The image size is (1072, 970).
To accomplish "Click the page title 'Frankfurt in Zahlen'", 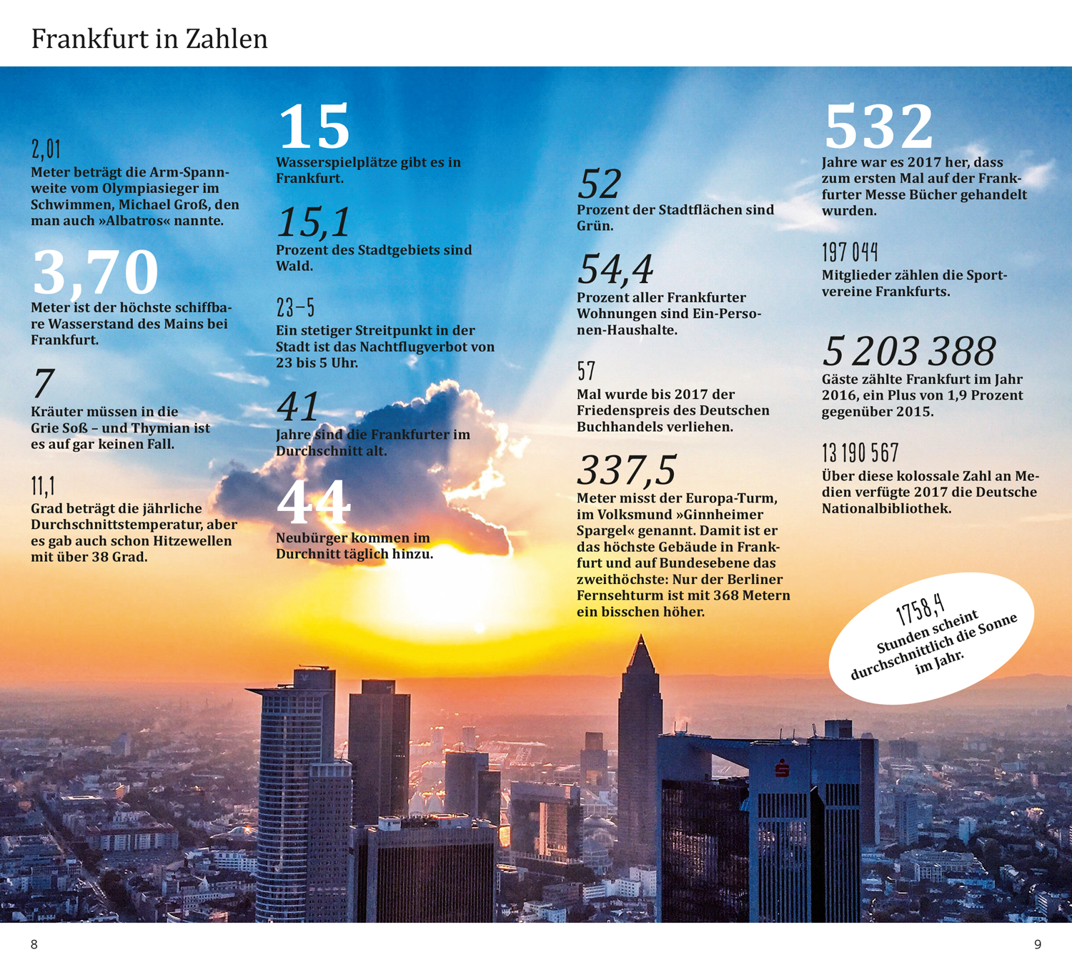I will pos(149,39).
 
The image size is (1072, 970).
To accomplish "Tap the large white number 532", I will pos(878,126).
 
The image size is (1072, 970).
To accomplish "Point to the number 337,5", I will pos(626,470).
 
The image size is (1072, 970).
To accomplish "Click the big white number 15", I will pos(314,127).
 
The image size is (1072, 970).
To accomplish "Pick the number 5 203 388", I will pos(908,351).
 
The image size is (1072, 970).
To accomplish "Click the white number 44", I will pos(314,503).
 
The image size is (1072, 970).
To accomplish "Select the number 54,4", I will pos(615,269).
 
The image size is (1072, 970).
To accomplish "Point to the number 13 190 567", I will pos(860,453).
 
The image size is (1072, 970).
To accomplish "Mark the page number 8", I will pos(34,944).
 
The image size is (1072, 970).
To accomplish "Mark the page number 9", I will pos(1038,944).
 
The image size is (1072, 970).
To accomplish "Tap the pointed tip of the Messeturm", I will pos(641,638).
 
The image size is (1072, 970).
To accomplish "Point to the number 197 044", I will pos(850,252).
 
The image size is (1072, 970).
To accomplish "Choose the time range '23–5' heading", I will pos(295,307).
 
